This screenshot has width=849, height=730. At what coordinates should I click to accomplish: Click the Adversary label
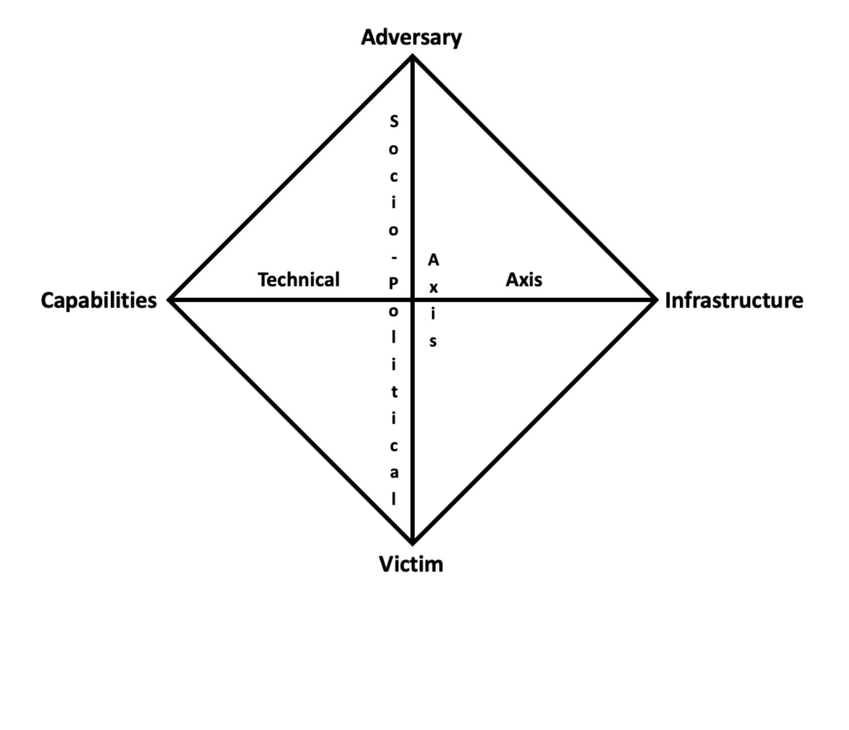[411, 37]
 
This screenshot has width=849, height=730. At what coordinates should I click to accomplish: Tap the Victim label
[411, 564]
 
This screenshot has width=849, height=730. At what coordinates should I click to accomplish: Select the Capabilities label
[98, 300]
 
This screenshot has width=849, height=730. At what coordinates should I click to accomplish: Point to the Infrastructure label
[734, 300]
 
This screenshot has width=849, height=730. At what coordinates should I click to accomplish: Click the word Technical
[299, 279]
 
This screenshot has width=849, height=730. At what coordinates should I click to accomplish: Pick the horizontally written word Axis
[524, 279]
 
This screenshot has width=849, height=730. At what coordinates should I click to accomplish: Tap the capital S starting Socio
[394, 121]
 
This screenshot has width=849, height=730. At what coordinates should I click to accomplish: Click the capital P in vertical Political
[394, 283]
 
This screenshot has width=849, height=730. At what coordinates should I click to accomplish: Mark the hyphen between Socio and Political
[394, 257]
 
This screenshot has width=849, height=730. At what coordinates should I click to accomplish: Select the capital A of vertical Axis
[433, 260]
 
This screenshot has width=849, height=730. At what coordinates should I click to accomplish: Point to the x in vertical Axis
[433, 288]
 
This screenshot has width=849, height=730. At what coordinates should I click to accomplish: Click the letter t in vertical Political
[394, 392]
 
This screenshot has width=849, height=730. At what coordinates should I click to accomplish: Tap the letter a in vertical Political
[394, 473]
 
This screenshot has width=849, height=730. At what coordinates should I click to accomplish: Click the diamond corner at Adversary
[413, 57]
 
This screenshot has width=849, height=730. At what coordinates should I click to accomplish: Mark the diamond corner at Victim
[413, 543]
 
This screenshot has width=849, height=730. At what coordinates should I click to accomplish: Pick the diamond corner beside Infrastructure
[655, 300]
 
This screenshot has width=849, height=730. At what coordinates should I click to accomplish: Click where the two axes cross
[413, 300]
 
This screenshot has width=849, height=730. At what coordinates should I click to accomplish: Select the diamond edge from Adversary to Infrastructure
[534, 178]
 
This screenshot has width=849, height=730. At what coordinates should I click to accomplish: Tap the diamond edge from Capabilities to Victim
[291, 421]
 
